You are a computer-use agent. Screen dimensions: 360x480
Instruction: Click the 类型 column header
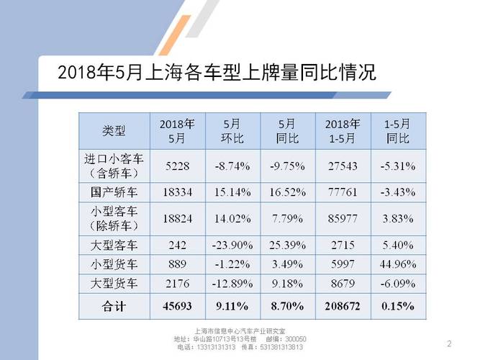pos(114,131)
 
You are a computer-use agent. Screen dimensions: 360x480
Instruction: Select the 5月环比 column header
pos(232,130)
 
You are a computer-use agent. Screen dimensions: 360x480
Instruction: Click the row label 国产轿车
pos(114,192)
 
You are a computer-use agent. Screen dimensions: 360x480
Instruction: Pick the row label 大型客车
pos(114,246)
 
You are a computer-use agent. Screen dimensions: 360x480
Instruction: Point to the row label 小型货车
pos(114,264)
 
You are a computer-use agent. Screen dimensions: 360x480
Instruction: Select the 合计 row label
pos(114,306)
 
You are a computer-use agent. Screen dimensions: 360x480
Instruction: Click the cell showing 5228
pos(177,166)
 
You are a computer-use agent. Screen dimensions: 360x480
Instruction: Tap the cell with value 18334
pos(177,192)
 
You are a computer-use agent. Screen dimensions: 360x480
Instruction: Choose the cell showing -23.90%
pos(232,246)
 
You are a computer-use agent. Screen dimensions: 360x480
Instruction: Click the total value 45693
pos(177,306)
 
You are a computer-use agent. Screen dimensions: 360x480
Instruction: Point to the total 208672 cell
pos(343,306)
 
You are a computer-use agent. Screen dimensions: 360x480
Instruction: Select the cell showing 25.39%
pos(288,246)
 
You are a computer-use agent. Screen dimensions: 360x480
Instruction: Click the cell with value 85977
pos(343,219)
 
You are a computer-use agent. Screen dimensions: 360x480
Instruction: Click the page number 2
pos(449,342)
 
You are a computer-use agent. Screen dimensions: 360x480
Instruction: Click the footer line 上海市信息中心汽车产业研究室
pos(240,331)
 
